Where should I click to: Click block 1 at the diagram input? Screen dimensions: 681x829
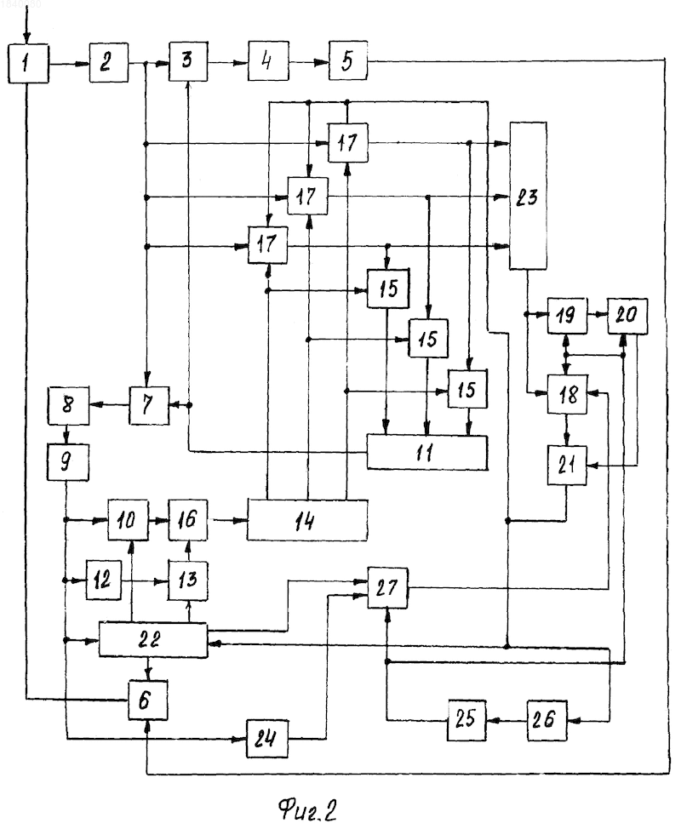point(28,64)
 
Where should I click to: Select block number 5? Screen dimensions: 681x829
point(348,60)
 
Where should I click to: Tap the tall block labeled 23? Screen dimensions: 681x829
point(528,196)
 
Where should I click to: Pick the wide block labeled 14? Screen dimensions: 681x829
point(307,521)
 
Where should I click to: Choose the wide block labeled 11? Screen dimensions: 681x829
point(427,453)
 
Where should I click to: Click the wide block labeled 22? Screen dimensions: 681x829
point(153,640)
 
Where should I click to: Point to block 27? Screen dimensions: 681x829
point(387,588)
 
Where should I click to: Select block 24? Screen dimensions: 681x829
point(267,739)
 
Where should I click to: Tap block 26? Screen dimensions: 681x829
point(547,719)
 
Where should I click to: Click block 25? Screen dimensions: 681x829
point(466,719)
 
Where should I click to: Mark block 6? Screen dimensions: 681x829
point(148,700)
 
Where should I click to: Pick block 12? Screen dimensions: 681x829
point(104,580)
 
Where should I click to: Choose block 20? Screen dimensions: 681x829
point(627,316)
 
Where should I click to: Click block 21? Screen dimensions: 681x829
point(567,466)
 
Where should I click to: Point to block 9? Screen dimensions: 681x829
point(68,462)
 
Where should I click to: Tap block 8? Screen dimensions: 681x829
point(68,405)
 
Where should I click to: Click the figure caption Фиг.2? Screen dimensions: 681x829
point(307,809)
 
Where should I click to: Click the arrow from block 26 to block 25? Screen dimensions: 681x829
point(506,720)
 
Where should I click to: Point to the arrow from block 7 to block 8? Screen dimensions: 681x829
point(110,405)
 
